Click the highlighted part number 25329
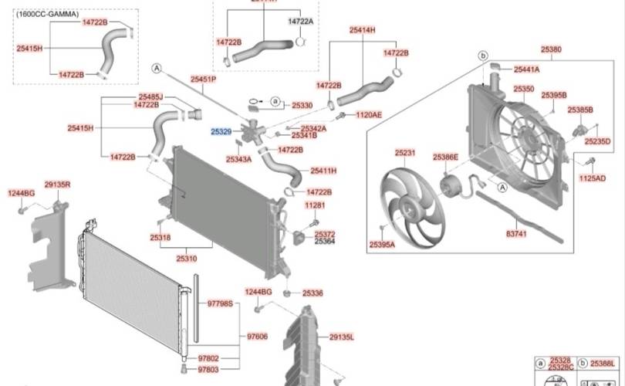tap(221, 133)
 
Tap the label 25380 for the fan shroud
tap(551, 49)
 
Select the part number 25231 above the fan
tap(405, 153)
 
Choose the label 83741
tap(516, 232)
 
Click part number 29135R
tap(57, 185)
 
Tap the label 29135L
tap(341, 337)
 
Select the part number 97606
tap(257, 337)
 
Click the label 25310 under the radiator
tap(187, 259)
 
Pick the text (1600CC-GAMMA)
tap(48, 14)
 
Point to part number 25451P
tap(203, 80)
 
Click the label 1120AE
tap(368, 114)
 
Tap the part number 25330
tap(302, 105)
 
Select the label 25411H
tap(323, 170)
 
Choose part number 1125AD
tap(593, 178)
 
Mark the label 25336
tap(312, 293)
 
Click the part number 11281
tap(315, 205)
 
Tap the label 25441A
tap(527, 69)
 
